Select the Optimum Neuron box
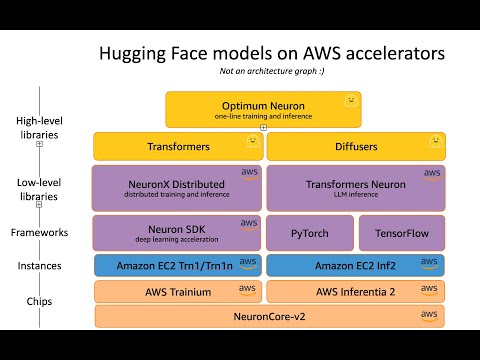(263, 109)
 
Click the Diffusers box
(355, 146)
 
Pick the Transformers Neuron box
(355, 188)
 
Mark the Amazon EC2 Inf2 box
(355, 266)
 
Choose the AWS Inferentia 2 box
(355, 291)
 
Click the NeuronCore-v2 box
(269, 316)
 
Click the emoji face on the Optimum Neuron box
(350, 101)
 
